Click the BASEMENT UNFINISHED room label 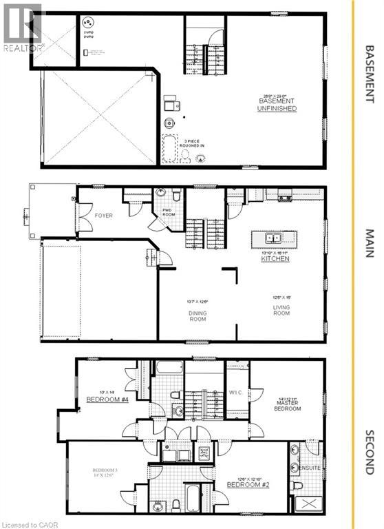[277, 104]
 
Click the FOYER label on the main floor [104, 216]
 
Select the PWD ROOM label [169, 213]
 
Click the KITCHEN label [275, 259]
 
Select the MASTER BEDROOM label [287, 405]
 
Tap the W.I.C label [235, 393]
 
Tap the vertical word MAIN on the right [368, 243]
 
